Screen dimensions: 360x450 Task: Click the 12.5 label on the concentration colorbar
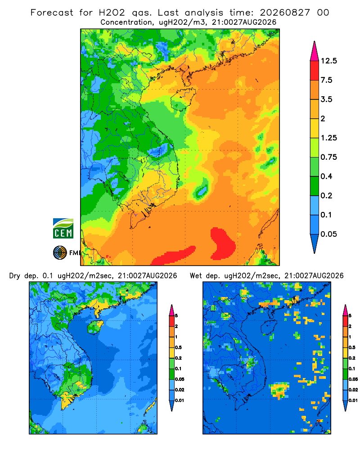(328, 61)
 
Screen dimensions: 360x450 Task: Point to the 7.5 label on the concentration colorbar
(326, 80)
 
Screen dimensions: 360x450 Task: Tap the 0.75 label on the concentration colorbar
(328, 157)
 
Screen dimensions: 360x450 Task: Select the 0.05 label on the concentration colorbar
(328, 234)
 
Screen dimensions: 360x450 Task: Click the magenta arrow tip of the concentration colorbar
(315, 51)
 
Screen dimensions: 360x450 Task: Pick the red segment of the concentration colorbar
(315, 71)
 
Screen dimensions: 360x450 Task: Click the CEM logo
(63, 229)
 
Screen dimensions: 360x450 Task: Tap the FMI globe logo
(60, 253)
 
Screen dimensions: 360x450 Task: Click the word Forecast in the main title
(52, 13)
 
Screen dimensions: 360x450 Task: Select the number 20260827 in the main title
(285, 13)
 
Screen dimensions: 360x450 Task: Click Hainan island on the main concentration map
(183, 99)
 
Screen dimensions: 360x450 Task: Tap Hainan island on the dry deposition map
(95, 328)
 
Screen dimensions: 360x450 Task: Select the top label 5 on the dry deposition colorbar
(176, 316)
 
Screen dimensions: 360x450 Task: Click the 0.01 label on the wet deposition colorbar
(353, 400)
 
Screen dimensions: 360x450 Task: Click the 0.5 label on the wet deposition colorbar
(352, 347)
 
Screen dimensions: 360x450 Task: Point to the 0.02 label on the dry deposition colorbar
(180, 390)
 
